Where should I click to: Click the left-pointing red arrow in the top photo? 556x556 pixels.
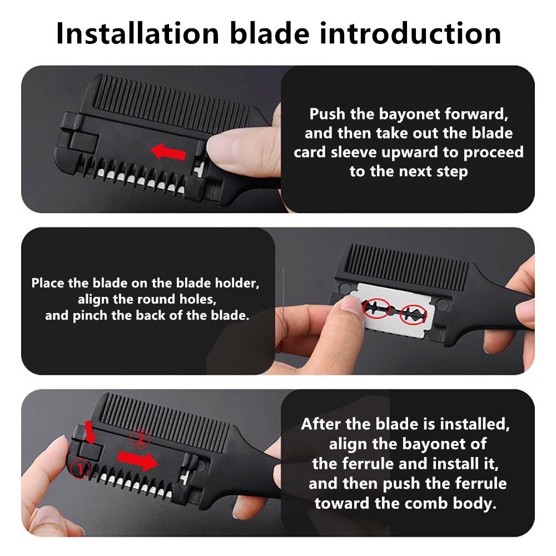coord(169,150)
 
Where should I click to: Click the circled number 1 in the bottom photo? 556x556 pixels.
coord(81,469)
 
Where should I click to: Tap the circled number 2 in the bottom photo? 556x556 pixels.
coord(141,439)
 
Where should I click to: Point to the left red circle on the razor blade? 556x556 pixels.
coord(376,308)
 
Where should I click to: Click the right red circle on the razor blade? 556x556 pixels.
coord(414,314)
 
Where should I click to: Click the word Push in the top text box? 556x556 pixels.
coord(327,115)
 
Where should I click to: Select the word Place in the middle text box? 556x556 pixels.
coord(48,282)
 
